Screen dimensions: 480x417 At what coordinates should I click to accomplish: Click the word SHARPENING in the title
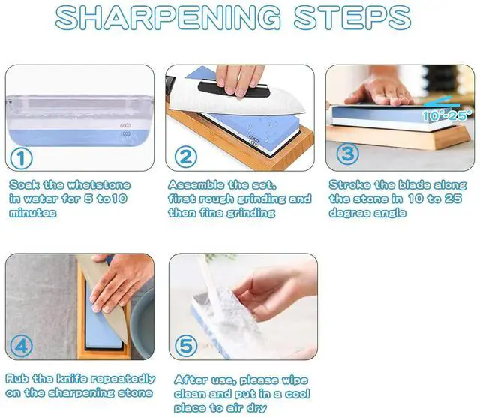click(168, 17)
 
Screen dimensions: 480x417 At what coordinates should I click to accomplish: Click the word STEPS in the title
click(352, 17)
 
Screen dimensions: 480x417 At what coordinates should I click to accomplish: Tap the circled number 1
click(21, 158)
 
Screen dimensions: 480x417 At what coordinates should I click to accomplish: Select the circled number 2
click(185, 157)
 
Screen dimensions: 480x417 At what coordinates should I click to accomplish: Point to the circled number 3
click(348, 154)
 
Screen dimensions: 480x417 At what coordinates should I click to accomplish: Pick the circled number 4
click(21, 346)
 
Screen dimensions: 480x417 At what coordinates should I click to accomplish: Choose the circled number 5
click(186, 346)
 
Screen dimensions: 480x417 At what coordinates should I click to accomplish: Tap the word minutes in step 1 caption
click(33, 213)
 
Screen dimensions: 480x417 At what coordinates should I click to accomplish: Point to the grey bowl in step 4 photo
click(142, 323)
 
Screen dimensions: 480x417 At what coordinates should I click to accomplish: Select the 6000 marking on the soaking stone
click(125, 125)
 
